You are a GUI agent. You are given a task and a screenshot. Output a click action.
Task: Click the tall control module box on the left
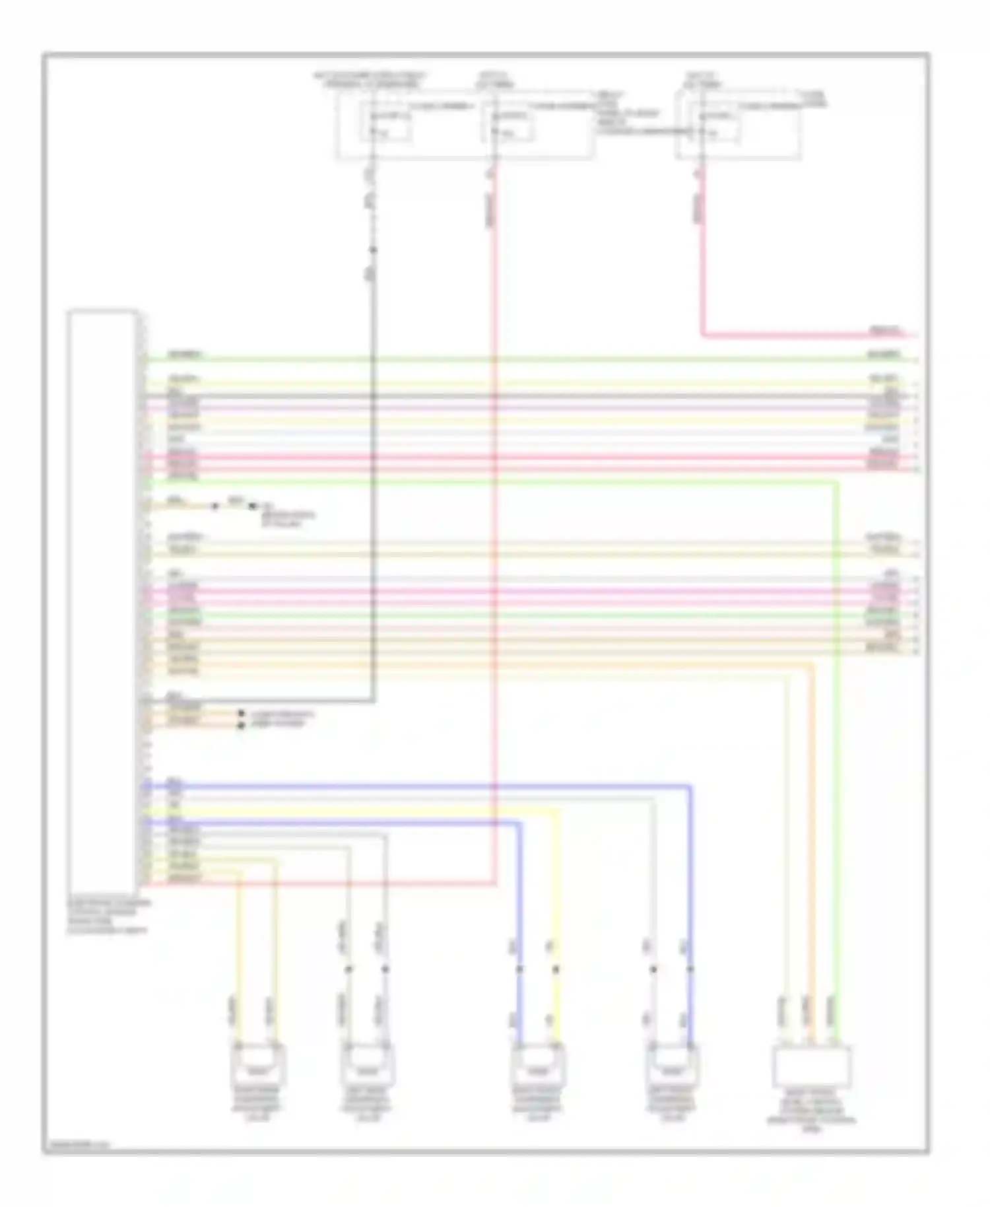point(103,601)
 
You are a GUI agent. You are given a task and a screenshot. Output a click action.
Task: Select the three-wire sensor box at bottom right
point(811,1066)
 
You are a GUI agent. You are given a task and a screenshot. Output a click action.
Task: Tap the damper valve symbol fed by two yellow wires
point(259,1064)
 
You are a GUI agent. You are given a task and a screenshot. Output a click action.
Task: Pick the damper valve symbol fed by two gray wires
point(368,1064)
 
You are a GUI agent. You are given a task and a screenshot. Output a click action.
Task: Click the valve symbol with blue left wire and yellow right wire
point(539,1064)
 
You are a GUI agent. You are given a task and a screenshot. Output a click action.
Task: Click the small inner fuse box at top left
point(386,125)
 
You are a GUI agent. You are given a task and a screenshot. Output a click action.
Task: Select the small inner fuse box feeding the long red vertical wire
point(508,125)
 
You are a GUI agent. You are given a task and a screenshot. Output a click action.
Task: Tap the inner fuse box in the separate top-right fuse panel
point(715,125)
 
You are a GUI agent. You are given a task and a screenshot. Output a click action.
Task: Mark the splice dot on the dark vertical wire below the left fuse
point(373,250)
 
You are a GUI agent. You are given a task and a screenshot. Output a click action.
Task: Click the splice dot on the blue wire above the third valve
point(519,969)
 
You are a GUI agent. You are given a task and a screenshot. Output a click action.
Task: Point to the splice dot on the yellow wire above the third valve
point(556,969)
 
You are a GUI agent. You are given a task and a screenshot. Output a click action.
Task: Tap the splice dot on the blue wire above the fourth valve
point(690,969)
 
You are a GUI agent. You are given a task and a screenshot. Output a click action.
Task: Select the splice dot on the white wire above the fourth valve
point(653,969)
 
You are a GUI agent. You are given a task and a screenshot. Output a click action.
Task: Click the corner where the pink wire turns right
point(702,335)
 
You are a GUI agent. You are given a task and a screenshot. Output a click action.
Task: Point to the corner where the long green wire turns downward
point(837,483)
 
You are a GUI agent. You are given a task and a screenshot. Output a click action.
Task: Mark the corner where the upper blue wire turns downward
point(690,786)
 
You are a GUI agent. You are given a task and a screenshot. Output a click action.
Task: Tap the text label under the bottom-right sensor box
point(811,1111)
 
